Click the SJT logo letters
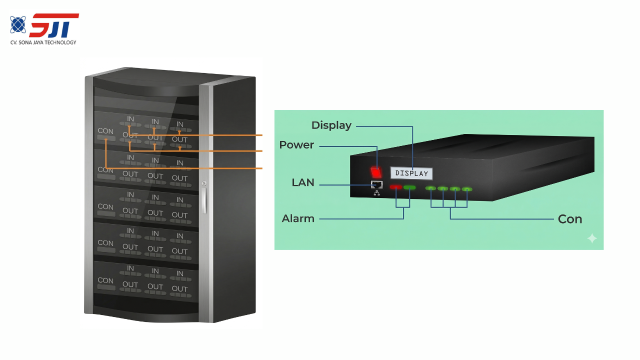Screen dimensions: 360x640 pyautogui.click(x=54, y=25)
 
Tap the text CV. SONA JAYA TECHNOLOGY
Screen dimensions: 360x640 pyautogui.click(x=43, y=42)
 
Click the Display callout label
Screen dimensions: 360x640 pyautogui.click(x=331, y=125)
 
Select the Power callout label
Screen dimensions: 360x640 pyautogui.click(x=296, y=145)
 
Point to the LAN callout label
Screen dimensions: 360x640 pyautogui.click(x=303, y=183)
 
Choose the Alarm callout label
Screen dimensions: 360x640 pyautogui.click(x=298, y=218)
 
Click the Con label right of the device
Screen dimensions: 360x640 pyautogui.click(x=570, y=219)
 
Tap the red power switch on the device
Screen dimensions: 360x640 pyautogui.click(x=376, y=171)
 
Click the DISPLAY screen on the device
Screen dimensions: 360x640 pyautogui.click(x=411, y=173)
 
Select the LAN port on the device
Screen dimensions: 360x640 pyautogui.click(x=376, y=184)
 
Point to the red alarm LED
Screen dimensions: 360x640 pyautogui.click(x=396, y=187)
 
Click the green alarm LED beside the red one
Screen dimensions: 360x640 pyautogui.click(x=409, y=187)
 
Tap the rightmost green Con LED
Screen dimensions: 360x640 pyautogui.click(x=467, y=189)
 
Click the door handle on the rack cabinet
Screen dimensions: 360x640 pyautogui.click(x=204, y=200)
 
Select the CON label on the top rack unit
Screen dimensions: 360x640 pyautogui.click(x=105, y=131)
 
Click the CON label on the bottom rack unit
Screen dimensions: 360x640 pyautogui.click(x=105, y=280)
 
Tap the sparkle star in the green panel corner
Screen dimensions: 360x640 pyautogui.click(x=592, y=238)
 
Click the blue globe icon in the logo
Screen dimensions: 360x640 pyautogui.click(x=18, y=24)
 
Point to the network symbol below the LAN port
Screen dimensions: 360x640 pyautogui.click(x=376, y=193)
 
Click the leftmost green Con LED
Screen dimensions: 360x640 pyautogui.click(x=430, y=188)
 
